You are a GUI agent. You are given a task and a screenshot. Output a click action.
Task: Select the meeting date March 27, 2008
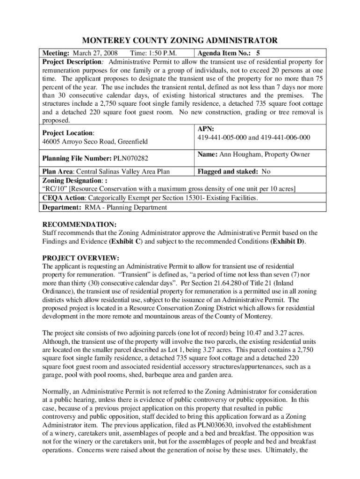click(95, 53)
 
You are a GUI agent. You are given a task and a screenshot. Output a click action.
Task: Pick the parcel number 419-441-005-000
click(223, 137)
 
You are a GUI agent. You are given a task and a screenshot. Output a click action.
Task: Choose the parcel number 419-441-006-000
click(285, 137)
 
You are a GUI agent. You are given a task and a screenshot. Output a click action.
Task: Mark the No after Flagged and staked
click(266, 172)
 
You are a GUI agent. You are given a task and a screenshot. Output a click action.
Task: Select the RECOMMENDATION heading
click(79, 224)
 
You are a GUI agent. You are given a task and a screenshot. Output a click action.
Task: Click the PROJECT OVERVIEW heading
click(81, 258)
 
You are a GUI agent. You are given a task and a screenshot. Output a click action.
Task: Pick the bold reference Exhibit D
click(287, 241)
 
